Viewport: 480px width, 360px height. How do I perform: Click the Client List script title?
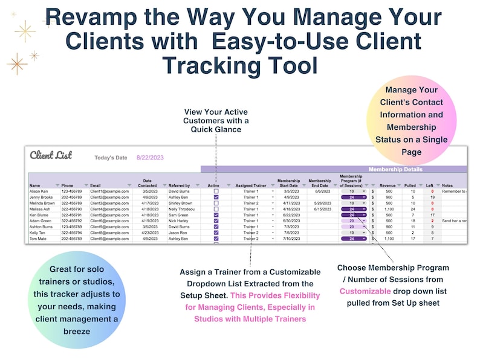click(51, 156)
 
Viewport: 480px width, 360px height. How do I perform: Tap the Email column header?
click(96, 185)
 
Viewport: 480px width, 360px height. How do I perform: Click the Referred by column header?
click(179, 185)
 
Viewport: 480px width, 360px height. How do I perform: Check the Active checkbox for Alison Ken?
click(216, 191)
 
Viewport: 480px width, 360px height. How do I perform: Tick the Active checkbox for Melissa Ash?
click(216, 209)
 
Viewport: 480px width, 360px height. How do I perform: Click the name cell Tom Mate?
click(38, 239)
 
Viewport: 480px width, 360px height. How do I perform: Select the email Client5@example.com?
click(109, 215)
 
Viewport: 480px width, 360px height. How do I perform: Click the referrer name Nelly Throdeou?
click(181, 209)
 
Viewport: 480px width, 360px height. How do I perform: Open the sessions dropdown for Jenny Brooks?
click(354, 198)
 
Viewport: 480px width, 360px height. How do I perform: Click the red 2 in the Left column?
click(432, 221)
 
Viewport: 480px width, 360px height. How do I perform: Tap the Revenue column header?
click(388, 185)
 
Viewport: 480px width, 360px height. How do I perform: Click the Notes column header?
click(447, 185)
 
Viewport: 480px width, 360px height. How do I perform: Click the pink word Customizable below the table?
click(365, 291)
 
